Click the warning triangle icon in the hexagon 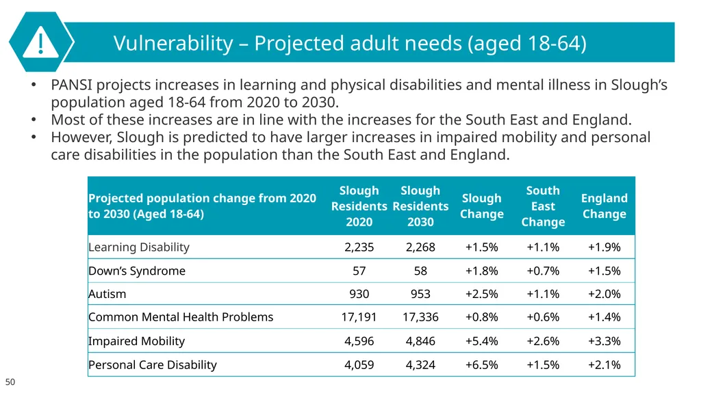point(40,42)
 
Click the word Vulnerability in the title point(173,43)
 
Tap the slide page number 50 point(10,382)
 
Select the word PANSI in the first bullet point(71,85)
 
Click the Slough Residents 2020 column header point(359,206)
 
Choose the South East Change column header point(543,206)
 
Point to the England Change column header point(604,206)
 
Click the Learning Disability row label point(139,247)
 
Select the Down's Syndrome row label point(137,271)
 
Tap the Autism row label point(107,294)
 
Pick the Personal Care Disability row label point(153,365)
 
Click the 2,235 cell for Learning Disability point(359,247)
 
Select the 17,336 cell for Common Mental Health point(420,317)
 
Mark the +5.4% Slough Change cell point(481,341)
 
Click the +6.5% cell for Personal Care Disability point(481,365)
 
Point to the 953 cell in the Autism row point(420,294)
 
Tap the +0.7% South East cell point(543,271)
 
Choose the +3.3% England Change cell point(604,341)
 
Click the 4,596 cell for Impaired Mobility point(359,341)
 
